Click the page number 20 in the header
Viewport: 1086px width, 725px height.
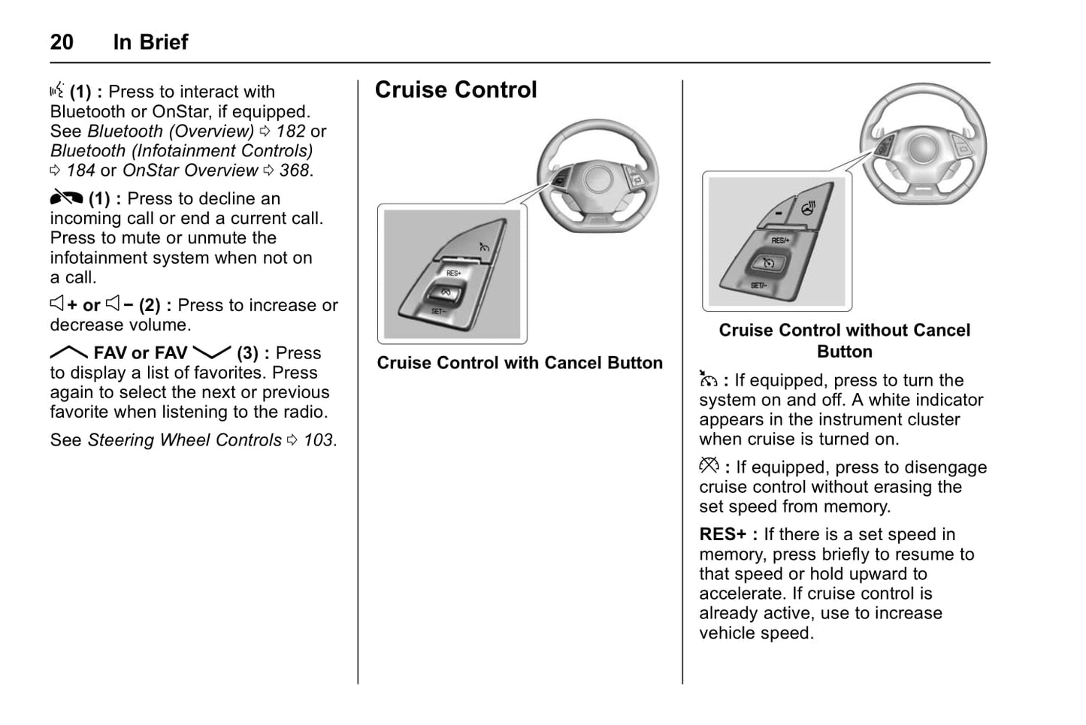tap(62, 42)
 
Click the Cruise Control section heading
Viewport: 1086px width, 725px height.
tap(455, 90)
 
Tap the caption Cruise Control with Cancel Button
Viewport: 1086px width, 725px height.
tap(519, 363)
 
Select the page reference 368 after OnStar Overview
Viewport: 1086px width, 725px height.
tap(295, 171)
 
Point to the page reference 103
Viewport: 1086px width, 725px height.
tap(319, 440)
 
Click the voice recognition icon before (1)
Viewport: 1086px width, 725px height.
tap(57, 91)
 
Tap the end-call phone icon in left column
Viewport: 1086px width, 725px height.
tap(66, 198)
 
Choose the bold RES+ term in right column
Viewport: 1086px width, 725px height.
tap(722, 535)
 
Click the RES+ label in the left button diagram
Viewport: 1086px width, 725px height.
tap(454, 273)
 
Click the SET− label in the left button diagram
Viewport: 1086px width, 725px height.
tap(438, 311)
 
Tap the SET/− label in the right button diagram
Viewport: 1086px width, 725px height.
tap(758, 285)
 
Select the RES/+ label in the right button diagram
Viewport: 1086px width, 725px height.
tap(780, 240)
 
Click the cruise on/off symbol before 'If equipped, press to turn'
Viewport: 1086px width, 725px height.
tap(708, 379)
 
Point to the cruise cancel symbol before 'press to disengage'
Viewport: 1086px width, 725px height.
tap(709, 466)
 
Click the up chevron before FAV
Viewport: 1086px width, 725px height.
tap(68, 352)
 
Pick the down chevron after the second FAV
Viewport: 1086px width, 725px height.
tap(211, 352)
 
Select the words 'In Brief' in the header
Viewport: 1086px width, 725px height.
tap(150, 42)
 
